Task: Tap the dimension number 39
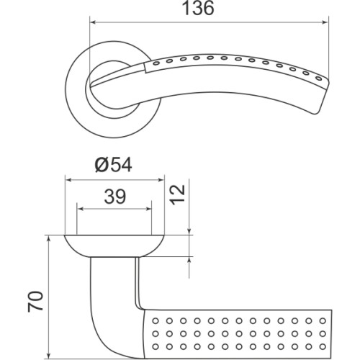click(114, 197)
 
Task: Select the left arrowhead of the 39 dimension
click(81, 210)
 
